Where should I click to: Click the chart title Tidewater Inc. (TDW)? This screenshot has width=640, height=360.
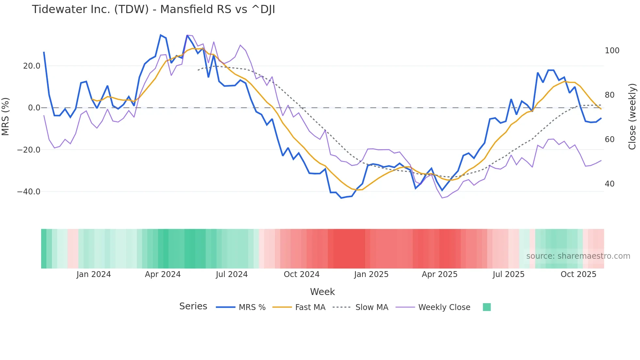(153, 9)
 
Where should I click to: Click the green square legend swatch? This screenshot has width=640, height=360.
(487, 307)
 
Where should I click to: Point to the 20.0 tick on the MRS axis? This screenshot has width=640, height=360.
(32, 66)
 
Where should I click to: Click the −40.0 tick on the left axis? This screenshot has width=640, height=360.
(29, 192)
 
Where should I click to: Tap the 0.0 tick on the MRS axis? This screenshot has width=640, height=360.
(34, 108)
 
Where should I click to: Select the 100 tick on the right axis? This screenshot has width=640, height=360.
(612, 51)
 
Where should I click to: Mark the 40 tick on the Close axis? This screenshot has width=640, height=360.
(610, 184)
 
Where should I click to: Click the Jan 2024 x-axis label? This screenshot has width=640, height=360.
(94, 274)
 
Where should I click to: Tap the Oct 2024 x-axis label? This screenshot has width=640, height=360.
(301, 274)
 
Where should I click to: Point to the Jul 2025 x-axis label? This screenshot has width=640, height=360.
(508, 274)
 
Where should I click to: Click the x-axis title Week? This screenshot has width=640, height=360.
(322, 292)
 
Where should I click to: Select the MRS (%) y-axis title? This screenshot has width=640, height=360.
(6, 116)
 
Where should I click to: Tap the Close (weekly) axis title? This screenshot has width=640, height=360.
(632, 116)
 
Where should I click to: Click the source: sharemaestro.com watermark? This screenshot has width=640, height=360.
(578, 256)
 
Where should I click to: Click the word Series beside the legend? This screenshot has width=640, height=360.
(193, 306)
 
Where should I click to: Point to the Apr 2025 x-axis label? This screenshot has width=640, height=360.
(440, 274)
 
